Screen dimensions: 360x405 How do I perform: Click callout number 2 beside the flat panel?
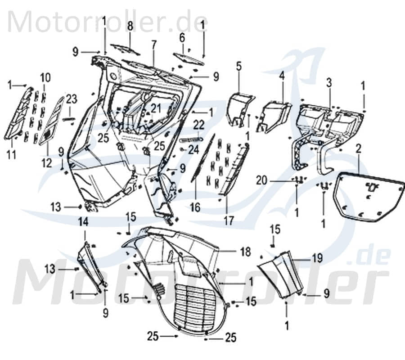click(x=359, y=148)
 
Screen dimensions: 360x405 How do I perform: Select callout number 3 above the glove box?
click(x=329, y=82)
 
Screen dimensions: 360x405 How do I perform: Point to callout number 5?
click(x=238, y=66)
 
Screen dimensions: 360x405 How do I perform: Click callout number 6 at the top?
click(x=182, y=37)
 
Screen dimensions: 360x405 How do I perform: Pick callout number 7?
click(x=154, y=45)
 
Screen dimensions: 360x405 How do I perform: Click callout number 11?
click(x=11, y=155)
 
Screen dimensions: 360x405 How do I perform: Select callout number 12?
click(x=47, y=163)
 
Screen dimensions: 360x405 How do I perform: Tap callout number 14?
click(x=84, y=221)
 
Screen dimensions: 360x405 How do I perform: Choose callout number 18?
click(x=245, y=252)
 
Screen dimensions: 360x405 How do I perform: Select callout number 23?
click(x=72, y=99)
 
